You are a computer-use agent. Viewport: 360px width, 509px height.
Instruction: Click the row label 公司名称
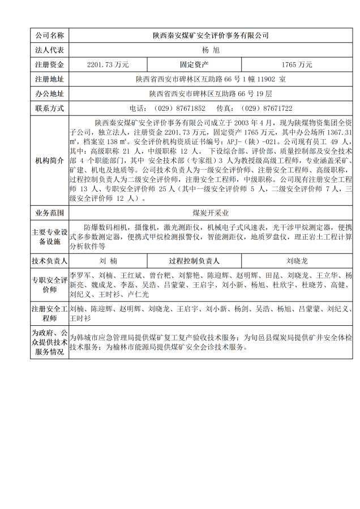pyautogui.click(x=49, y=35)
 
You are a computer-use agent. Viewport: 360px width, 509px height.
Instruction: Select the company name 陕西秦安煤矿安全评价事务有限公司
pyautogui.click(x=211, y=35)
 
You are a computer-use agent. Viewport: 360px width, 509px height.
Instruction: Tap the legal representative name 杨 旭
pyautogui.click(x=211, y=50)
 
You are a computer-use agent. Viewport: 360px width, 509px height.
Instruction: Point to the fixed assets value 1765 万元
pyautogui.click(x=298, y=64)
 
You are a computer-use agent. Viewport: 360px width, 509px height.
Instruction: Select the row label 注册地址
pyautogui.click(x=49, y=79)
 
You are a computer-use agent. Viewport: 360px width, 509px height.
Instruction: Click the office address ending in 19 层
pyautogui.click(x=211, y=93)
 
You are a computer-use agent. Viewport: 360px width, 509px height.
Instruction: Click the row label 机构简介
pyautogui.click(x=49, y=160)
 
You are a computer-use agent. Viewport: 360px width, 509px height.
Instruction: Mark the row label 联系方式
pyautogui.click(x=49, y=108)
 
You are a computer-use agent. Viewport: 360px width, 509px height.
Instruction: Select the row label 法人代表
pyautogui.click(x=49, y=50)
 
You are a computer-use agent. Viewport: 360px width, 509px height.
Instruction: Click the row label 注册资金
pyautogui.click(x=49, y=64)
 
